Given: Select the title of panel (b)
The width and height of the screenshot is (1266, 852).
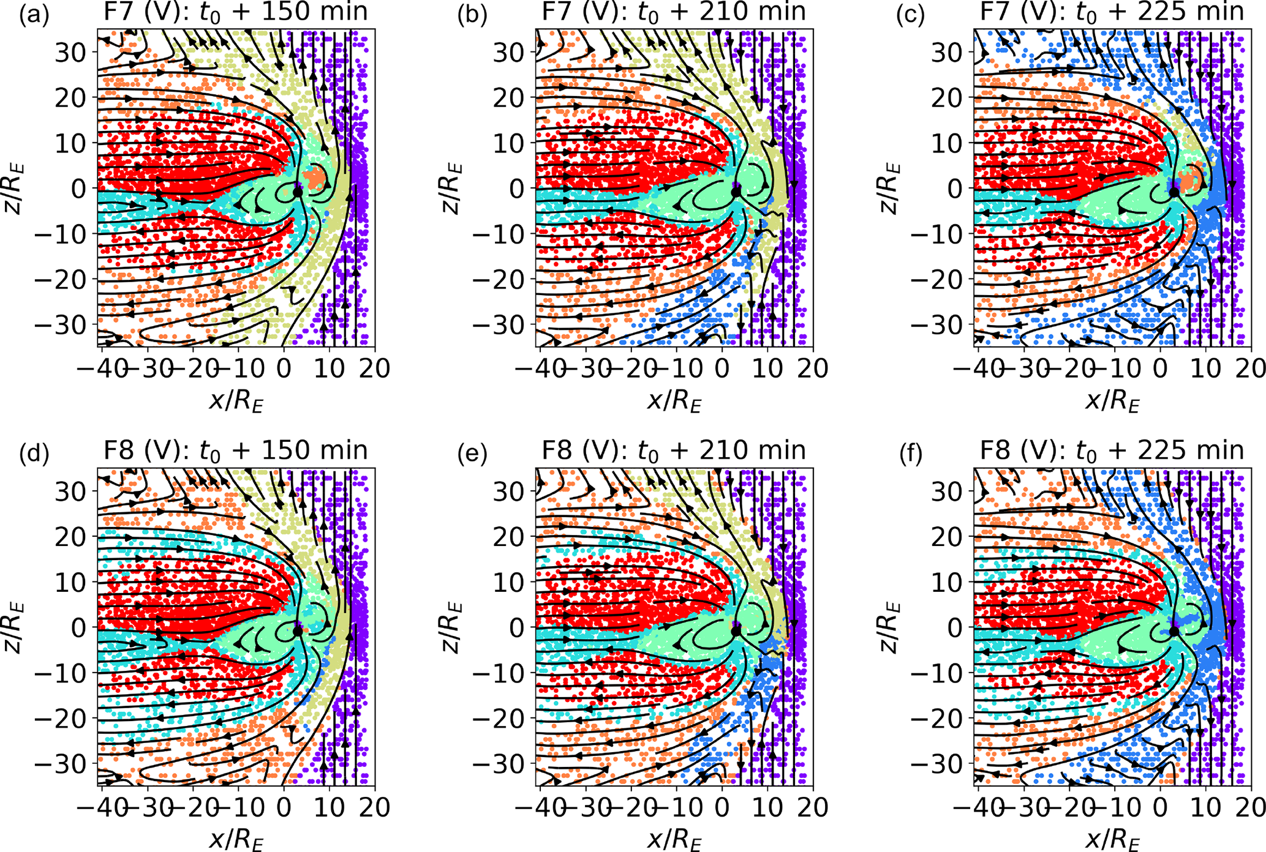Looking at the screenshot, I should click(x=674, y=12).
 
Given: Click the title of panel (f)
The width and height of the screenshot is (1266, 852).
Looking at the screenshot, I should click(x=1112, y=450).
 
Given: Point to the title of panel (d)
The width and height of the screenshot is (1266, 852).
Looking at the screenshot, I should click(x=236, y=450).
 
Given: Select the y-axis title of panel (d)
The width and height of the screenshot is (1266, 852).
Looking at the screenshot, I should click(x=13, y=627).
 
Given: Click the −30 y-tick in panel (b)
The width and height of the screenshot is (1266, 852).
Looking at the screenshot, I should click(x=506, y=324).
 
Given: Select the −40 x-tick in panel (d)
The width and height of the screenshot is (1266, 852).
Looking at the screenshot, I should click(x=102, y=807).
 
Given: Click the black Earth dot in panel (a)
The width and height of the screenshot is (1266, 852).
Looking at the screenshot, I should click(x=298, y=192).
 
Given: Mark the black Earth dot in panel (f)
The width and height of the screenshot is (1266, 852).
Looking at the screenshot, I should click(x=1174, y=630).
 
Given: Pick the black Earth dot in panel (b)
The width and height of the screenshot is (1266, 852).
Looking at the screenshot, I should click(x=736, y=192).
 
